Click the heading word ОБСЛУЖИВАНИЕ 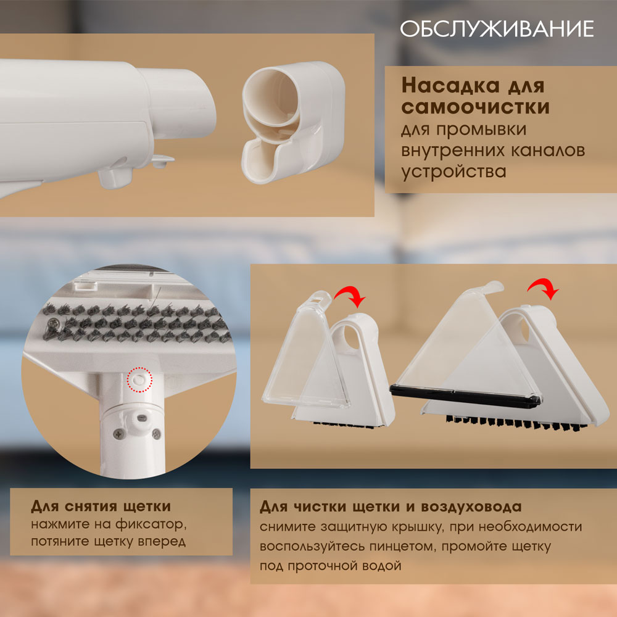(497, 29)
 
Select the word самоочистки (475, 107)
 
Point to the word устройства (453, 172)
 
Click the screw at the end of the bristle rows (52, 325)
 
